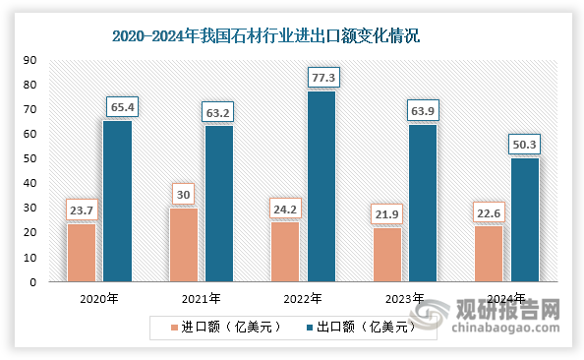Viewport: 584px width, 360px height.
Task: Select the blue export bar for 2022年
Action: (x=321, y=187)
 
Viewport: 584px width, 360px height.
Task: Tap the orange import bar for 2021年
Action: (x=184, y=244)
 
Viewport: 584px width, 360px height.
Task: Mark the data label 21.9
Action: (x=387, y=211)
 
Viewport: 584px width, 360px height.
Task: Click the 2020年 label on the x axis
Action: (x=98, y=298)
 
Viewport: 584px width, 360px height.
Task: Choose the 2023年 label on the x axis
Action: (x=405, y=298)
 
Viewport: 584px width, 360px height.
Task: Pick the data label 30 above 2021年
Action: (x=184, y=193)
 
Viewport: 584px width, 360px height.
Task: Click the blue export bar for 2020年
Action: (x=117, y=202)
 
